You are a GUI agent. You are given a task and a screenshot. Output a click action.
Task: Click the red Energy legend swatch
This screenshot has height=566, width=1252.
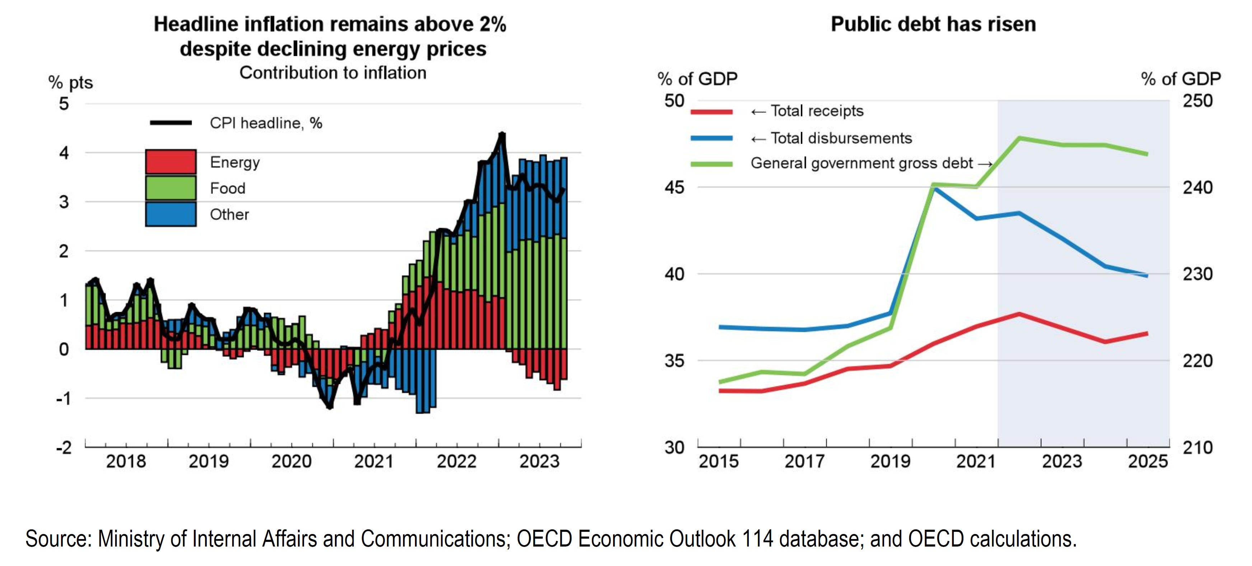click(x=170, y=162)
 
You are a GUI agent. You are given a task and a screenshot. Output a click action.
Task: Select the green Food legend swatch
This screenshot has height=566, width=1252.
click(x=170, y=188)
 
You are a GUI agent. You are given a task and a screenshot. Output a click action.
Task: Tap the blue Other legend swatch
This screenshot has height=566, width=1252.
click(x=170, y=214)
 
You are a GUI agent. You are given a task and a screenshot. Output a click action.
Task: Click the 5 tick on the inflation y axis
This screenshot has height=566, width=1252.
click(x=64, y=103)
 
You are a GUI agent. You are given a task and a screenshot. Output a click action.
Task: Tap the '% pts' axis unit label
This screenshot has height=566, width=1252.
click(x=70, y=83)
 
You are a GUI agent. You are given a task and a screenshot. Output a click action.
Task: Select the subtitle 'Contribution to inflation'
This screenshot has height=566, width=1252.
click(x=333, y=73)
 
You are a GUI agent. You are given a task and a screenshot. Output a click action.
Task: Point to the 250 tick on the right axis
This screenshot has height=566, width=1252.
click(x=1197, y=101)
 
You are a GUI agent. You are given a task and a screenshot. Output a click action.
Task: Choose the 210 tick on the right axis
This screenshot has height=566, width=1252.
click(x=1197, y=447)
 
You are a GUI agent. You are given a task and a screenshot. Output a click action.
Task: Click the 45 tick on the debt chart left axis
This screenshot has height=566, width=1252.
click(x=674, y=187)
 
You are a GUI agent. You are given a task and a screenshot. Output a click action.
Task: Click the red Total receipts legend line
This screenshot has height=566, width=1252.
click(x=711, y=112)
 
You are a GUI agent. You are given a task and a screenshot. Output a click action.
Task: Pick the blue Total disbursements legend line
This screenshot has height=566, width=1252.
click(x=711, y=138)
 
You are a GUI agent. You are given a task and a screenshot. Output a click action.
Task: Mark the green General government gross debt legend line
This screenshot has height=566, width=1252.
click(x=711, y=164)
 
